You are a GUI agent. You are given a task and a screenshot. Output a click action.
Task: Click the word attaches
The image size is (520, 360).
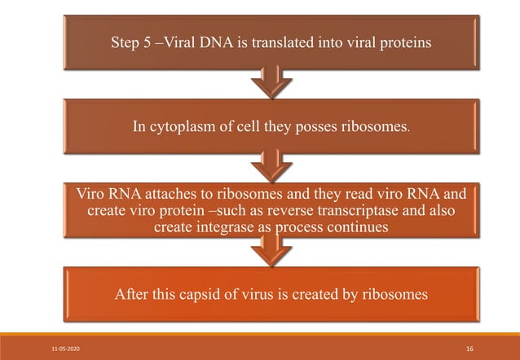[150, 195]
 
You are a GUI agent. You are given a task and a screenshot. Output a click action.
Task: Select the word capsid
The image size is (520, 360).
[185, 295]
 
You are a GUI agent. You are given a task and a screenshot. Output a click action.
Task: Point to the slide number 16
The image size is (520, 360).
[469, 349]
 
